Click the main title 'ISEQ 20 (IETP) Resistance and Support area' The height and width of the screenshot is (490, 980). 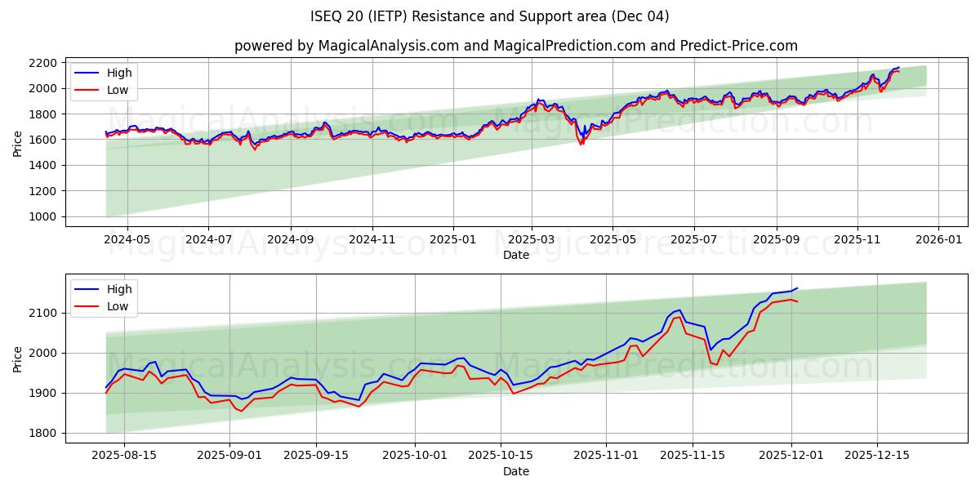coord(489,16)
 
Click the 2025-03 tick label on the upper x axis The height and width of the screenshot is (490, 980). coord(532,240)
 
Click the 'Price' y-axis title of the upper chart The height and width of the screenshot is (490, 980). coord(18,143)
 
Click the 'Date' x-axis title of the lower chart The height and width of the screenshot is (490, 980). coord(515,471)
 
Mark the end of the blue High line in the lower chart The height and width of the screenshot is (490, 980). coord(797,287)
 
